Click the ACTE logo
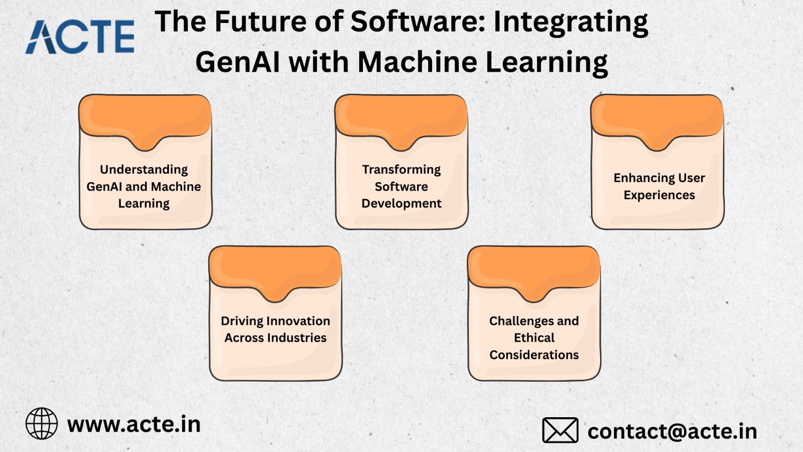(x=80, y=37)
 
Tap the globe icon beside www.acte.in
(x=42, y=424)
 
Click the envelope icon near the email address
(x=560, y=430)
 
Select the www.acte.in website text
(x=134, y=424)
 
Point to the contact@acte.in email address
(x=672, y=431)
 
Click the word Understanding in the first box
(x=144, y=169)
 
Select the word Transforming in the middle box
(x=401, y=169)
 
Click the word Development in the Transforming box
(x=401, y=204)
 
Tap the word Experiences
(x=659, y=195)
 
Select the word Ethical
(x=534, y=337)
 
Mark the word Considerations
(x=534, y=355)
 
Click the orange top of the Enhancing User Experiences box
(x=657, y=118)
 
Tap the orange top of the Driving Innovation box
(x=275, y=269)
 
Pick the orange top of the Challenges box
(x=534, y=269)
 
